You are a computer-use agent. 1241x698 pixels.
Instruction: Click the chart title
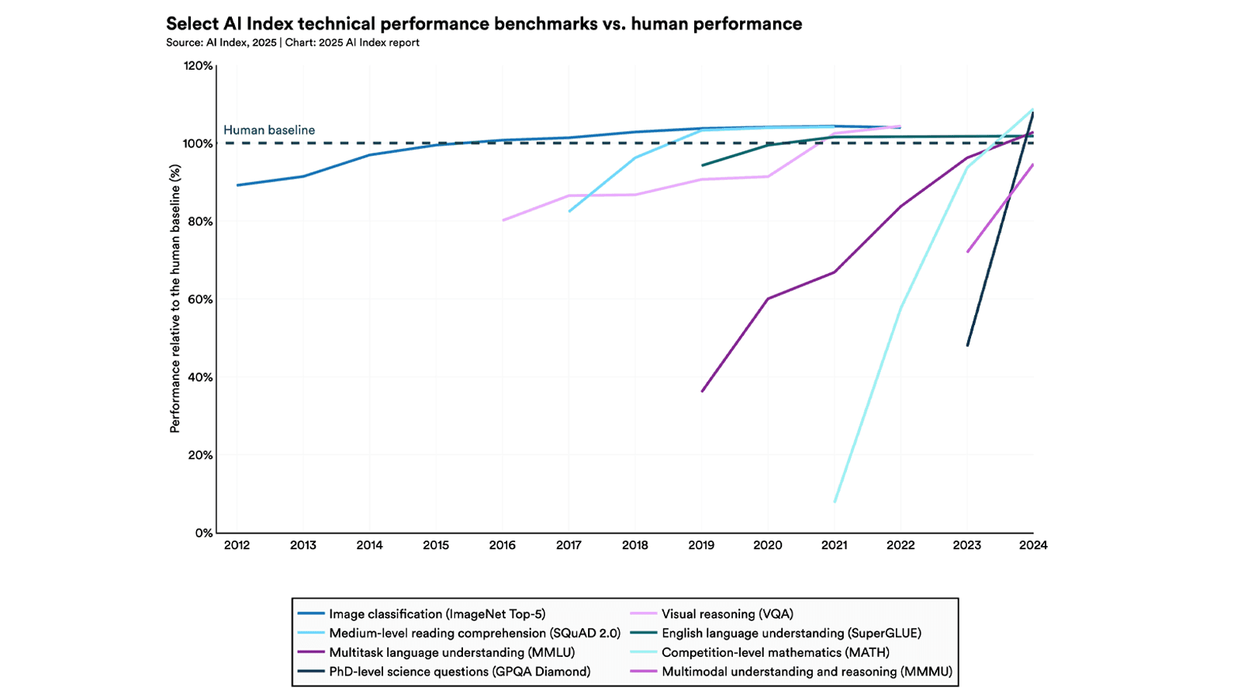coord(484,24)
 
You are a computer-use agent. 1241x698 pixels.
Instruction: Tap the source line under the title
coord(292,43)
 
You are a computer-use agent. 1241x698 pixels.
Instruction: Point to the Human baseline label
coord(269,130)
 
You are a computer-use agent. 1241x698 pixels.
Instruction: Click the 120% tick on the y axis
coord(198,66)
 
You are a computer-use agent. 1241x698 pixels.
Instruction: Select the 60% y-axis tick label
coord(199,299)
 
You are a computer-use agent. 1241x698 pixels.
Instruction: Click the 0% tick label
coord(203,534)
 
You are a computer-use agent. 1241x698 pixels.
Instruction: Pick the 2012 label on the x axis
coord(237,545)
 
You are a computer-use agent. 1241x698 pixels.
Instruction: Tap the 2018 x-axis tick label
coord(634,545)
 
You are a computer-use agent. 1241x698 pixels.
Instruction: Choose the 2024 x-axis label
coord(1033,545)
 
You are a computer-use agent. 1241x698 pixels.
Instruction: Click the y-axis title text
coord(175,299)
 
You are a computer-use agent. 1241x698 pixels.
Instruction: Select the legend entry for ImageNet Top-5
coord(437,614)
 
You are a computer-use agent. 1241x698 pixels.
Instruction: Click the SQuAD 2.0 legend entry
coord(475,633)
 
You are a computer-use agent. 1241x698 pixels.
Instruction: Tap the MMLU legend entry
coord(451,652)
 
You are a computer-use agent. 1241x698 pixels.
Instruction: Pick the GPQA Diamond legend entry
coord(459,672)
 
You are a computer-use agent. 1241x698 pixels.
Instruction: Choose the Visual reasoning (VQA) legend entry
coord(727,614)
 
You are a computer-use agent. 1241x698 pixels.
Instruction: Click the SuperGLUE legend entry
coord(791,633)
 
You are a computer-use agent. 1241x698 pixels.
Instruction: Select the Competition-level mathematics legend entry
coord(775,652)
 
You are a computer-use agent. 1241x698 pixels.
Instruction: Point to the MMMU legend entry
coord(807,672)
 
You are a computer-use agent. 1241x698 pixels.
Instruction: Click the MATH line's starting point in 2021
coord(835,502)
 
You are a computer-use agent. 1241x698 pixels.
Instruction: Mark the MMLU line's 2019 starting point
coord(702,391)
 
